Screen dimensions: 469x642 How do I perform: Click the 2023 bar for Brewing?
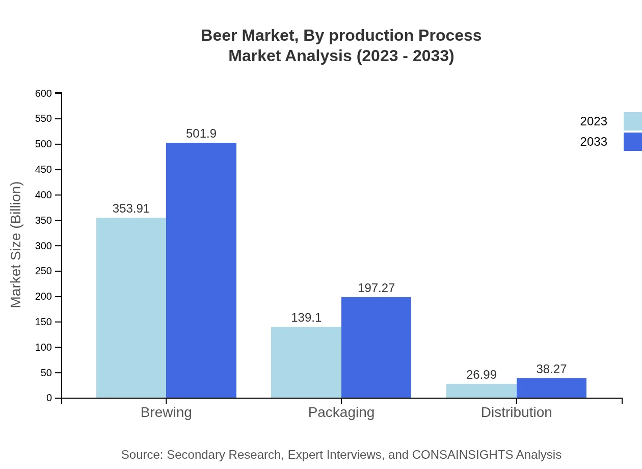click(131, 308)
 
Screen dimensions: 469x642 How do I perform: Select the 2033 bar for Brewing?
click(201, 270)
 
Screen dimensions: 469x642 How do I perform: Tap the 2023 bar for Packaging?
click(306, 362)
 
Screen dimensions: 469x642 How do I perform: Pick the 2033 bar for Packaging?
click(376, 347)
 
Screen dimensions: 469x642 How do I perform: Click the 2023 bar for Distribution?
click(481, 390)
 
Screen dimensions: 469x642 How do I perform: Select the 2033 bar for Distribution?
click(551, 388)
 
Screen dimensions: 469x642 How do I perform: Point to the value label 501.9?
click(201, 134)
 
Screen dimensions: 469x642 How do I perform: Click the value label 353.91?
click(131, 209)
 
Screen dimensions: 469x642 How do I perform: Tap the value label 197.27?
click(376, 288)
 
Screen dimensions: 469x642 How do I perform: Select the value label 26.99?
click(481, 375)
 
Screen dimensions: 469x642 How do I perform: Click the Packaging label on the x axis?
click(341, 412)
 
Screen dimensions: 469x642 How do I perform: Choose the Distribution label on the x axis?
click(516, 412)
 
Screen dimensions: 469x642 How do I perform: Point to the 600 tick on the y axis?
click(44, 93)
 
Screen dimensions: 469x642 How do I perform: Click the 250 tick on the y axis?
click(44, 271)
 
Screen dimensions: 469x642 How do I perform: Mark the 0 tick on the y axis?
click(49, 398)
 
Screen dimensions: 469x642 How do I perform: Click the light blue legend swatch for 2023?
click(632, 121)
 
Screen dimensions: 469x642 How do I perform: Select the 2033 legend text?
click(594, 142)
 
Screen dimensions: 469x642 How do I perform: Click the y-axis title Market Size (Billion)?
click(16, 245)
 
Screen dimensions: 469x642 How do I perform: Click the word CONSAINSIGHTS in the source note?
click(462, 455)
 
